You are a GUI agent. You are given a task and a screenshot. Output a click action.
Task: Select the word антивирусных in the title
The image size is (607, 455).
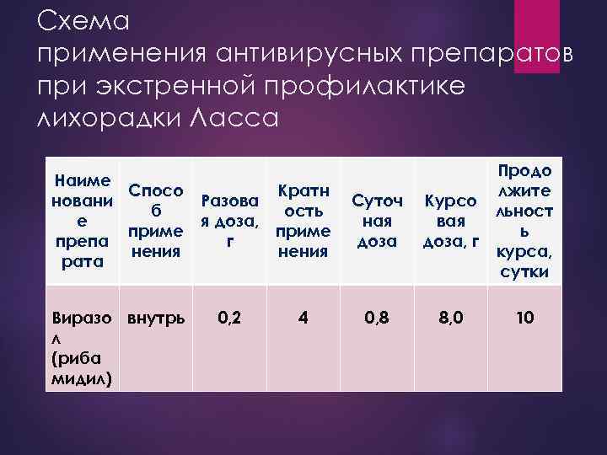[301, 55]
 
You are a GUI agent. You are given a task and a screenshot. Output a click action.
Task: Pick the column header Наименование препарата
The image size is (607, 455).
[80, 221]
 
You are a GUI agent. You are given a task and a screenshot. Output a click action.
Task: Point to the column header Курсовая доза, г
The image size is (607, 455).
[451, 221]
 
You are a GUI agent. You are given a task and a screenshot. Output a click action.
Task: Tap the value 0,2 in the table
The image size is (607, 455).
[229, 318]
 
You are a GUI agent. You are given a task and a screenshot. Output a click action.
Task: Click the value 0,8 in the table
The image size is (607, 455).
[377, 318]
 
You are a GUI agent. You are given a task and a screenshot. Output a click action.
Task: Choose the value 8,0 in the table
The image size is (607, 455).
[452, 318]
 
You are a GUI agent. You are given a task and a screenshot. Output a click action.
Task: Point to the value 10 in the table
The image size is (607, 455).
[524, 318]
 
